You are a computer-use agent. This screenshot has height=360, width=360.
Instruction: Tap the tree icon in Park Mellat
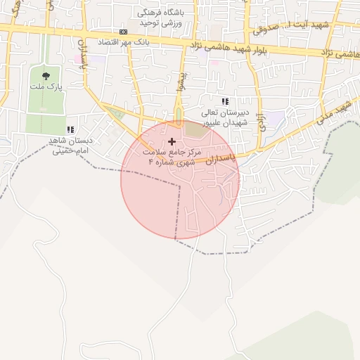(x=46, y=75)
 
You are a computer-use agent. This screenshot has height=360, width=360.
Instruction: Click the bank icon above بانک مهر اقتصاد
(x=124, y=32)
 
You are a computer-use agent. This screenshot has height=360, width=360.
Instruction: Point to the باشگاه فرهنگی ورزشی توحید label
(x=162, y=18)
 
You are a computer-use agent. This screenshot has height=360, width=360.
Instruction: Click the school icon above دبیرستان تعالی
(x=224, y=102)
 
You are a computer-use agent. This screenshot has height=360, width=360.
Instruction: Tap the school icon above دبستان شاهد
(x=70, y=129)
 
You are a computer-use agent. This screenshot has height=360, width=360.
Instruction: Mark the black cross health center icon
(x=172, y=141)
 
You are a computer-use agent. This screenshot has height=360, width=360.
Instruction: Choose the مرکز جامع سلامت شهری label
(x=172, y=156)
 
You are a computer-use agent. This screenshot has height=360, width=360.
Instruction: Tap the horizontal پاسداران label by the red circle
(x=215, y=162)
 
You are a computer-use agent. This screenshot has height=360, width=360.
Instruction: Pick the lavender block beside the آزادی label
(x=275, y=118)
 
